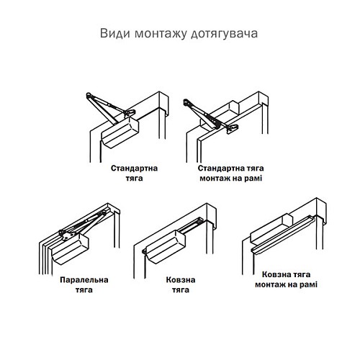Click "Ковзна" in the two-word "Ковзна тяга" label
[170, 280]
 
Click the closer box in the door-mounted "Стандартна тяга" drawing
[120, 134]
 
